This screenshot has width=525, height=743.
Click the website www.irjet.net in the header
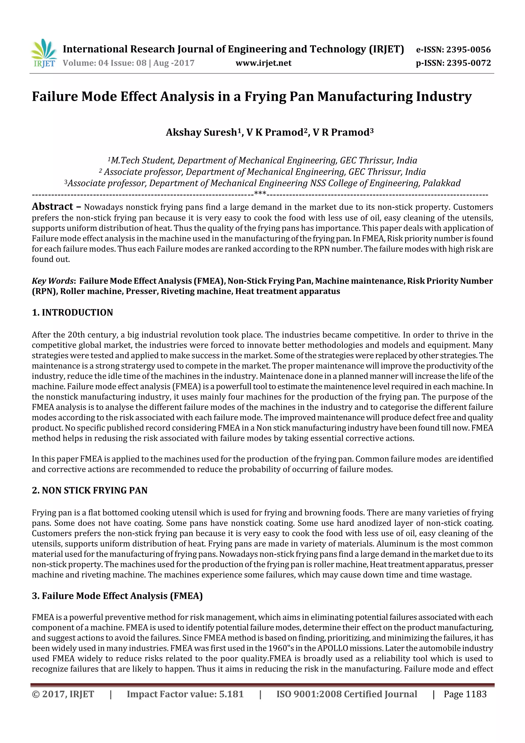click(x=263, y=63)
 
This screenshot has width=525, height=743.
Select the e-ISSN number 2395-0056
click(x=468, y=49)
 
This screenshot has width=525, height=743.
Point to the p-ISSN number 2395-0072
click(x=469, y=63)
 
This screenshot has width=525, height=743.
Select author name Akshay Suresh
click(x=201, y=132)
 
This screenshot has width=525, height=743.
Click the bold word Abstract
click(x=52, y=206)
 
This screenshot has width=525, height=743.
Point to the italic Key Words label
click(x=52, y=281)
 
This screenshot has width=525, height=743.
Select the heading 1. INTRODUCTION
click(x=73, y=313)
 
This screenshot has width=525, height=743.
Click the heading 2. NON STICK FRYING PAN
click(x=90, y=490)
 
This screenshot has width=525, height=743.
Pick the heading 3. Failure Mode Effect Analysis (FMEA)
click(x=117, y=596)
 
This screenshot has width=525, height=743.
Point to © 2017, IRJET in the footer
click(x=63, y=694)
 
